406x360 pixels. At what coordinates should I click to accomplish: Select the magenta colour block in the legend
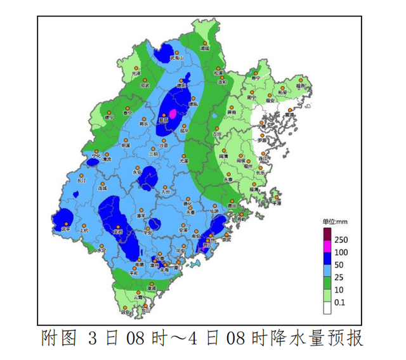(x=328, y=246)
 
